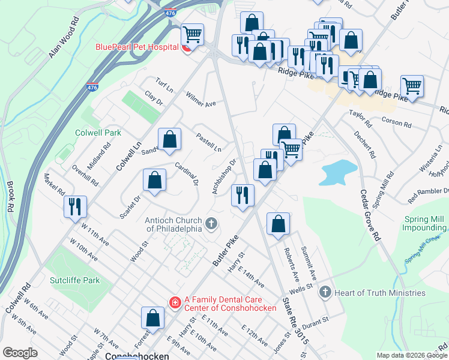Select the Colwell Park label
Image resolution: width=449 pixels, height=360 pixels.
coord(98,133)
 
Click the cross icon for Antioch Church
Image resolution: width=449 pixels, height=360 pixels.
coord(210,224)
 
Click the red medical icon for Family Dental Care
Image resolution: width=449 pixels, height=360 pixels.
coord(174,303)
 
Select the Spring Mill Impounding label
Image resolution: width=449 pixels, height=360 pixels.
coord(425,223)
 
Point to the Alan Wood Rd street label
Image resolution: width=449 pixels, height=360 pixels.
coord(64,38)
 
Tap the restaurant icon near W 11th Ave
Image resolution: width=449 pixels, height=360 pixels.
coord(75,206)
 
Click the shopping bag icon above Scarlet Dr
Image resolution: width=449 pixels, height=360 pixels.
coord(154,179)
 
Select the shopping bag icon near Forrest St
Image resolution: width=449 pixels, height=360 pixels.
coord(152,317)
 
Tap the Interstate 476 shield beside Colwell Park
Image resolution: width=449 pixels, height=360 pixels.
coord(92,88)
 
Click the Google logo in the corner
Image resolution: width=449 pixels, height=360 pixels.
coord(20,353)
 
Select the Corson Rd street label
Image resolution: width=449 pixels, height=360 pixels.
coord(397,122)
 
